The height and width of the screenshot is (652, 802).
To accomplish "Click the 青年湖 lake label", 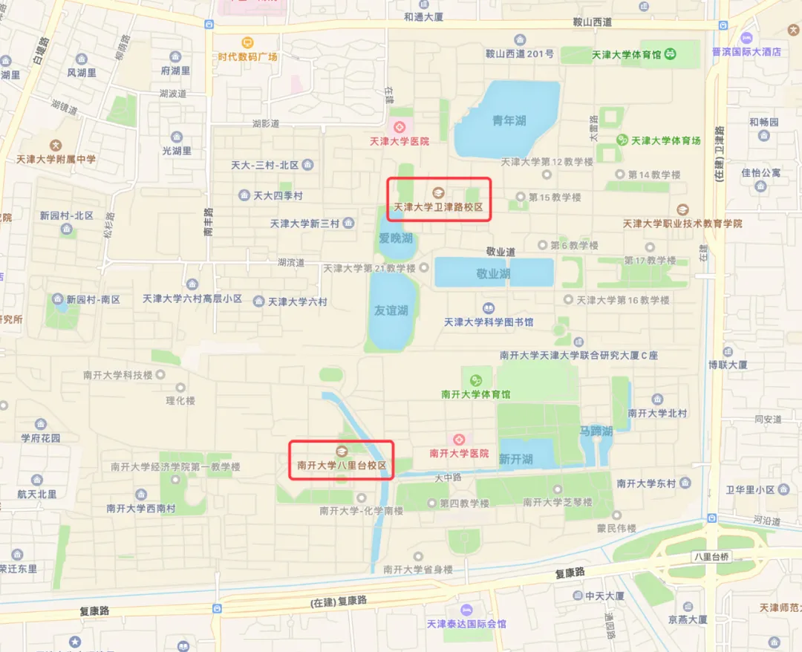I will point(509,120).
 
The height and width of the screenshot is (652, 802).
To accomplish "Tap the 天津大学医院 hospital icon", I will point(400,126).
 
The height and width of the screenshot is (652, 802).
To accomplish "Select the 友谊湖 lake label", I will point(391,310).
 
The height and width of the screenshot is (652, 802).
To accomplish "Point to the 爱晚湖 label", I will point(395,238).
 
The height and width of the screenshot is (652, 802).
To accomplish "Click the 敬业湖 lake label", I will point(493,273).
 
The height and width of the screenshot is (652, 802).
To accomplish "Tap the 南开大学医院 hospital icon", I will point(459,439).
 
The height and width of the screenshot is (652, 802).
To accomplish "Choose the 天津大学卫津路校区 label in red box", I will point(438,209).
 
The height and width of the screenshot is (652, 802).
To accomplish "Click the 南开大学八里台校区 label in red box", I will point(342,466).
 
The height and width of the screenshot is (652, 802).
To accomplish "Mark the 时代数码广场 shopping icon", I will point(247,42).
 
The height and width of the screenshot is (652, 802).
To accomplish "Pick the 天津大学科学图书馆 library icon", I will point(488,307).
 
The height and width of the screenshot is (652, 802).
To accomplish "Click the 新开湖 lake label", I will point(515,460).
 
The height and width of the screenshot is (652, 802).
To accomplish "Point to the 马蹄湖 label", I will point(596,430).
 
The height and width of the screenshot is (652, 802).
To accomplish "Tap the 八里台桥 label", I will point(711,556).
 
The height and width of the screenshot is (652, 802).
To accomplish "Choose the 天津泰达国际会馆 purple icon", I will point(466,610).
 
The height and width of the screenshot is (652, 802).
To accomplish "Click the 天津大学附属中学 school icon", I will point(56,145).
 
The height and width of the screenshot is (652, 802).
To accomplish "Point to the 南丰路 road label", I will point(209,221).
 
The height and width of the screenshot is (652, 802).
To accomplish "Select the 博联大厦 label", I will point(728,365).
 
